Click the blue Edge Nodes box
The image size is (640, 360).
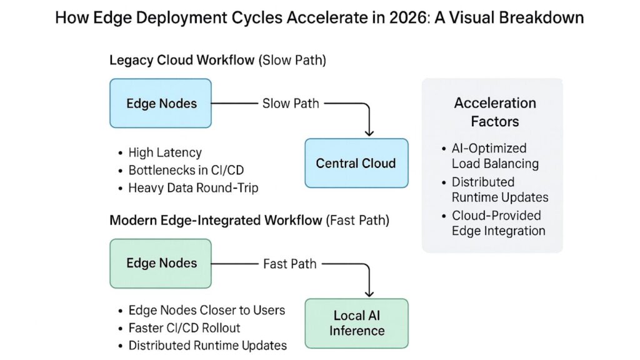coord(161,104)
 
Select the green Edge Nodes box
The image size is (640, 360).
coord(161,263)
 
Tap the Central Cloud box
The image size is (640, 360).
coord(356,164)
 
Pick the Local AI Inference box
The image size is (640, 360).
coord(356,323)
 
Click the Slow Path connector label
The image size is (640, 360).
coord(291,104)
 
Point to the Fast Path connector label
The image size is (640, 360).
coord(290,264)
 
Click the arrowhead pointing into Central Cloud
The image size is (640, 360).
coord(369,132)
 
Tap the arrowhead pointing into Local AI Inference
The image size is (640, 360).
coord(369,292)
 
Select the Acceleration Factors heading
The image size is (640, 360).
coord(494,112)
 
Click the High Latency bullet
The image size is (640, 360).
coord(164,152)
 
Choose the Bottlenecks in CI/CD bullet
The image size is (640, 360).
coord(177,170)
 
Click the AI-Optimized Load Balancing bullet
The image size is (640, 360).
coord(495,156)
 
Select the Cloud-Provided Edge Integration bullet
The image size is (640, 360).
coord(497,223)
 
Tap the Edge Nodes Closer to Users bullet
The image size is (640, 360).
coord(206,311)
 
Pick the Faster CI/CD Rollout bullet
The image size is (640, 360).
coord(184,328)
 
